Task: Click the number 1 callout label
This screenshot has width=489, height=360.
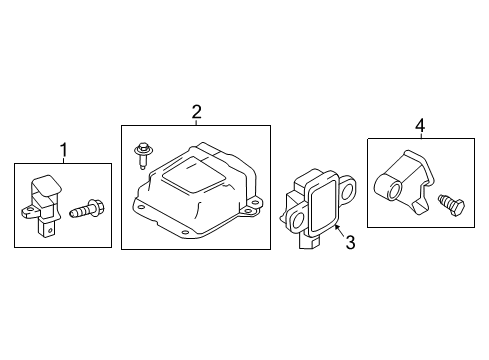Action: (x=63, y=150)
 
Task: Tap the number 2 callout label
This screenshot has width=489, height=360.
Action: (x=197, y=112)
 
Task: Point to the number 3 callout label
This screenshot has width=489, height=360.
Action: (x=350, y=241)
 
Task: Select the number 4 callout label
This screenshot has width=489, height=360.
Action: (x=420, y=125)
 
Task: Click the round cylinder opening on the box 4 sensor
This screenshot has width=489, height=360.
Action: (x=386, y=187)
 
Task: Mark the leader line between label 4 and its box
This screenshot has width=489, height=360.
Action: (x=420, y=134)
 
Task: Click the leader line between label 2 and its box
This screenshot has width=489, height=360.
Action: (x=197, y=121)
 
